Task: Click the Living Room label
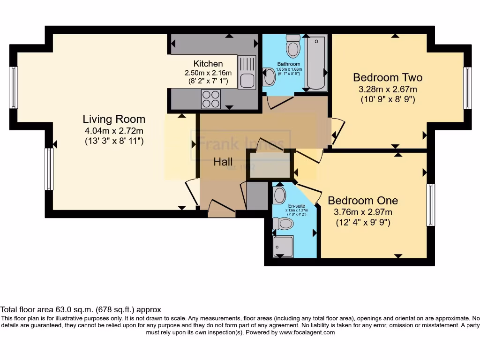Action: pos(114,119)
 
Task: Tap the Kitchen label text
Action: pos(208,64)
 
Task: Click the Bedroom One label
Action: pos(363,201)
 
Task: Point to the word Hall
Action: pos(223,162)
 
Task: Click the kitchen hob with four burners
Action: pos(210,99)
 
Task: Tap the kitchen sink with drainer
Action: pos(247,72)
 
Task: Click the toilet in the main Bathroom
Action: pos(294,45)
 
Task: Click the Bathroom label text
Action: pos(288,64)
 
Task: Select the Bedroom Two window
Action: pos(467,88)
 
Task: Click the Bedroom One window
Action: pos(430,205)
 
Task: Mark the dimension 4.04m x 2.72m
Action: pos(114,131)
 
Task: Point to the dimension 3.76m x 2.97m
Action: pos(363,212)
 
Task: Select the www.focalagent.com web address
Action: pos(307,332)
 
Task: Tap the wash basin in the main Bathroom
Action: pos(270,77)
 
